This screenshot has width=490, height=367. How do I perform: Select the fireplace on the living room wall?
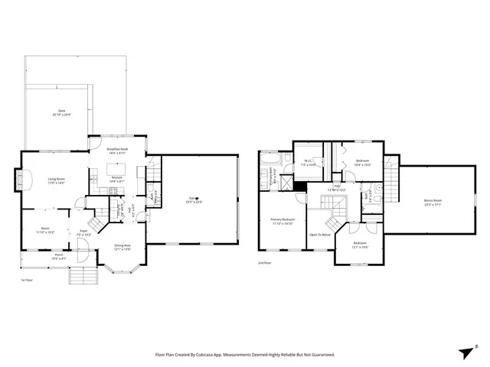point(21,181)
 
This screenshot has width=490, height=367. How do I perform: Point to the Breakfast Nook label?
point(116,151)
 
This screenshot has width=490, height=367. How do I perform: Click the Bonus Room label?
point(433,202)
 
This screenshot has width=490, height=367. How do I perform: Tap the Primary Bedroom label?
point(283,221)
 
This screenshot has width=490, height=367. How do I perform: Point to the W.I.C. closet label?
point(307,163)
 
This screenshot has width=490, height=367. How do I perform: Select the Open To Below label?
point(320,234)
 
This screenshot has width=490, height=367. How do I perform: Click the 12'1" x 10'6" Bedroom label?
point(360,245)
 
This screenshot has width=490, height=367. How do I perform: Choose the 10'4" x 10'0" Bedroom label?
point(361,163)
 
